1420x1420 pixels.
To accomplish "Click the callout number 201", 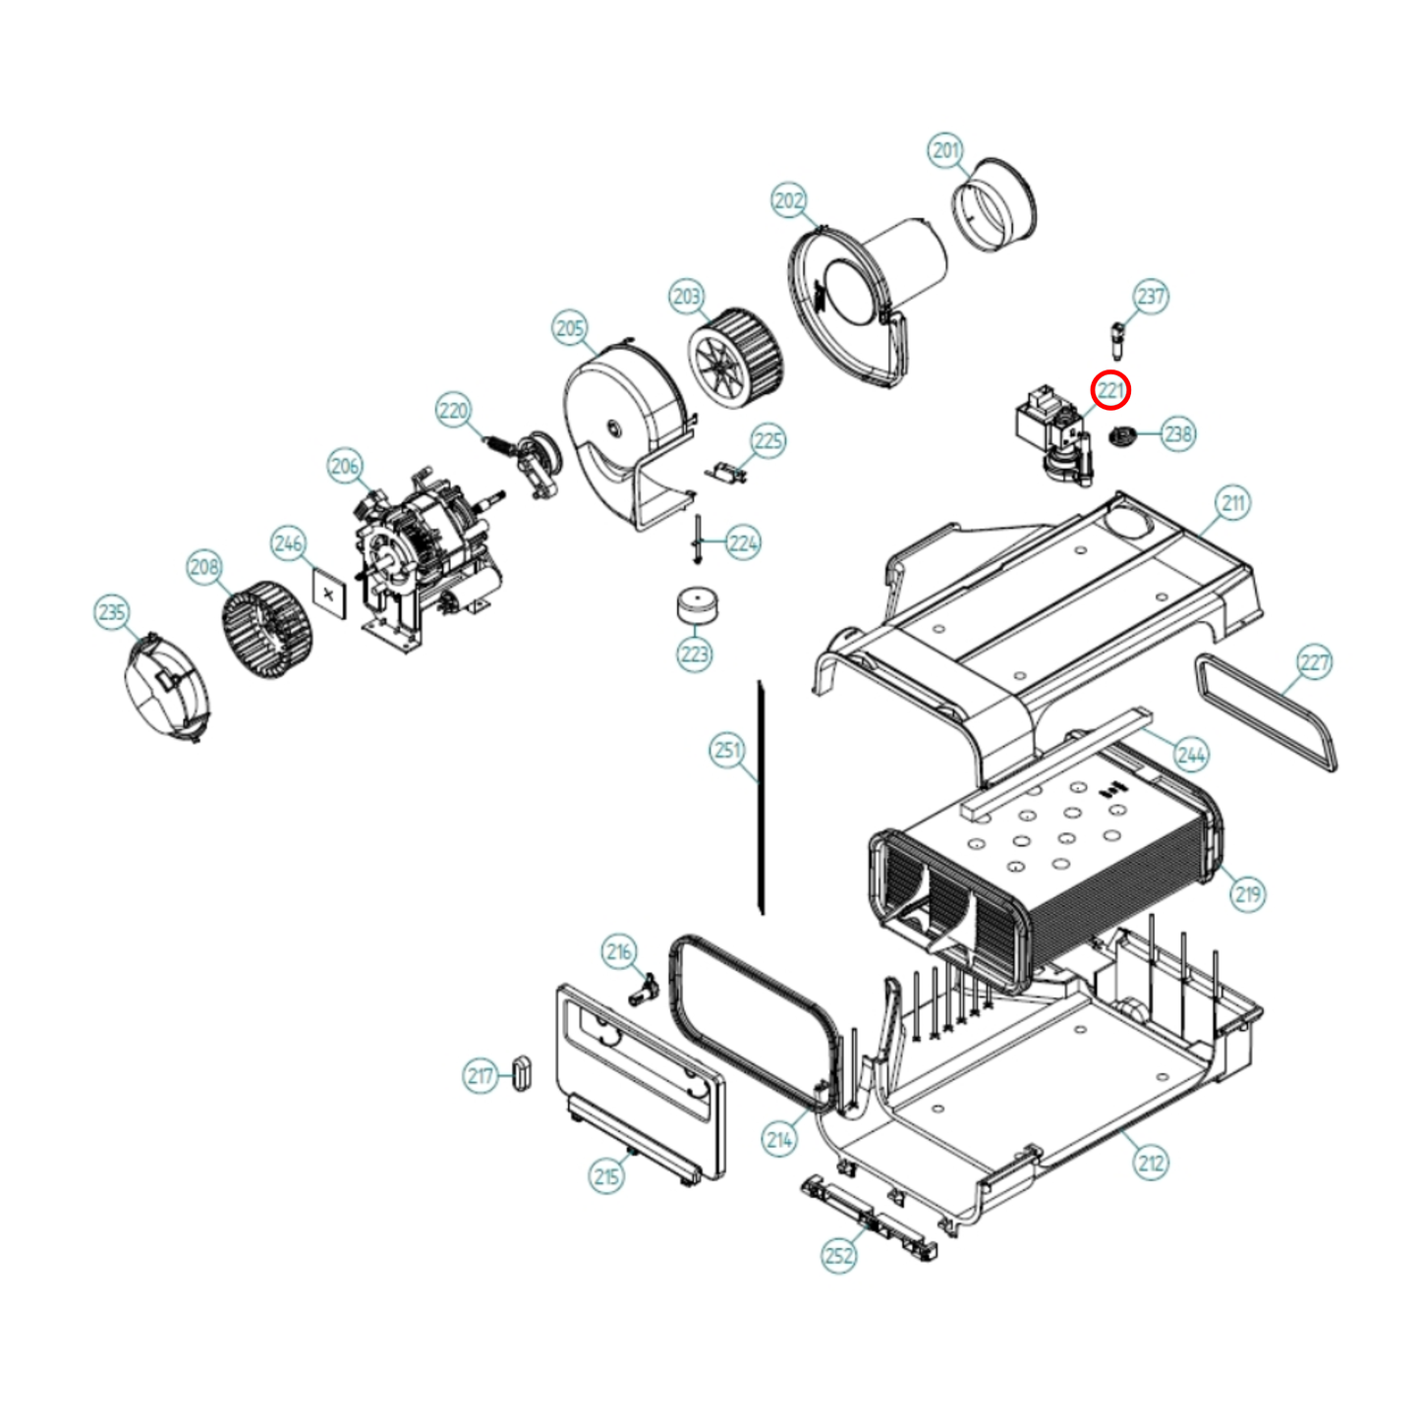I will coord(945,150).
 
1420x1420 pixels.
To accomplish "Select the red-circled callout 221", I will coord(1110,390).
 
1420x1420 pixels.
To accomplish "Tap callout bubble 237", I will coord(1151,296).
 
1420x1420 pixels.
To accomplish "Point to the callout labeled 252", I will coord(838,1255).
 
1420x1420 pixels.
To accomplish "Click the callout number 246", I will coord(288,543).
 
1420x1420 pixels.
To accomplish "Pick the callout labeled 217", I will coord(481,1076).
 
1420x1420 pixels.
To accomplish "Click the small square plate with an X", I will coord(329,595).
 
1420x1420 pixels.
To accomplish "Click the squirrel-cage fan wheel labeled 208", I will coord(265,629).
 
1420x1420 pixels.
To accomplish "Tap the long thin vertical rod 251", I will coord(761,796).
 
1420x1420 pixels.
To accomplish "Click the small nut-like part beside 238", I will coord(1121,434).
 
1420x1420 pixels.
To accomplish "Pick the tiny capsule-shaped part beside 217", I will coord(522,1071).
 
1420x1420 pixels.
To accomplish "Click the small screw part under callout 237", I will coord(1117,339).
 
